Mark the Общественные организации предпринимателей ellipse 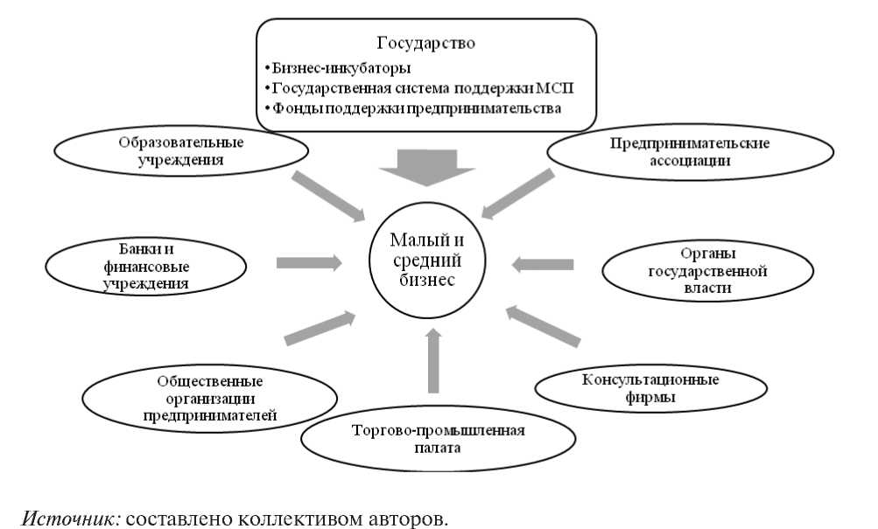click(x=210, y=399)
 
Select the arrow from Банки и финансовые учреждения click(x=309, y=261)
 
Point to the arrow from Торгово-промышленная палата click(x=431, y=359)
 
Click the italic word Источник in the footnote click(x=71, y=518)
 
